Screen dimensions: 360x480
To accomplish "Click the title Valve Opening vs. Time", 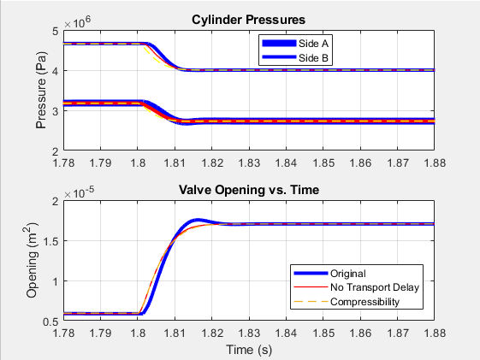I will click(249, 190).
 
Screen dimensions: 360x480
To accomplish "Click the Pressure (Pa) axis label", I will click(40, 91).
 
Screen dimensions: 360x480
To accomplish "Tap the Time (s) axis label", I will click(249, 349).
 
